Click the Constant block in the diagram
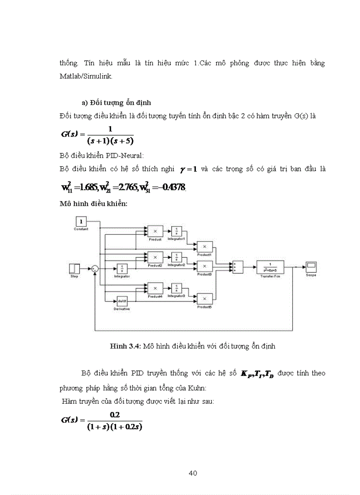(81, 222)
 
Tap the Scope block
(311, 267)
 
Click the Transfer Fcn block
(270, 267)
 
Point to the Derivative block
(123, 301)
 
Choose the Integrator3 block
(176, 287)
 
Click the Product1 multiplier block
(204, 247)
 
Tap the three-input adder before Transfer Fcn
(236, 267)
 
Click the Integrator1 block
(176, 231)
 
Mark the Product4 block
(154, 287)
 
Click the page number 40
(192, 473)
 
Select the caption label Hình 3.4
(125, 346)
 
